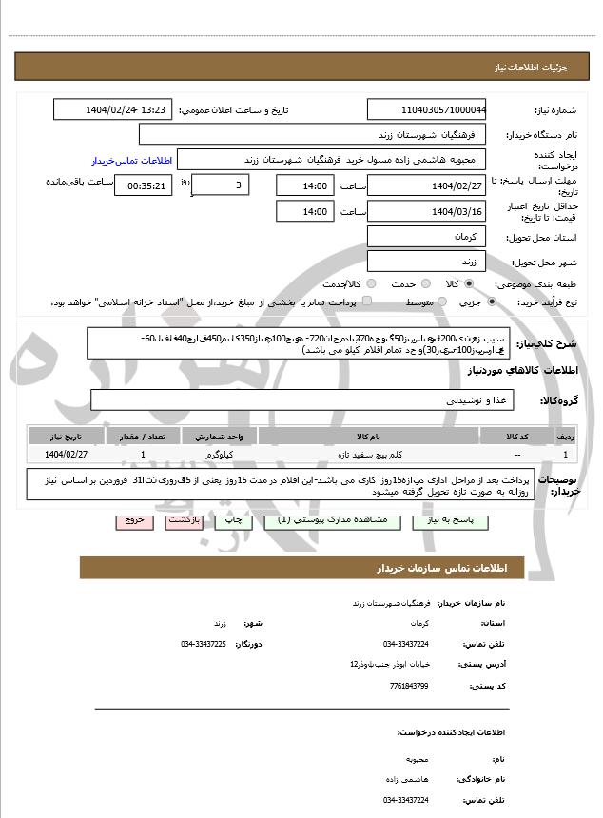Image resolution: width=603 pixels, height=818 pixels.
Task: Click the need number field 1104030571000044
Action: pos(427,110)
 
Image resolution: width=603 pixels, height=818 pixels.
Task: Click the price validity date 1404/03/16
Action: pos(427,211)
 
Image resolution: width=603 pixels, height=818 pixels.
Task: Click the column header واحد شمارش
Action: pos(225,436)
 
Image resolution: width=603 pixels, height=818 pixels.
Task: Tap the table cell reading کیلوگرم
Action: pos(225,456)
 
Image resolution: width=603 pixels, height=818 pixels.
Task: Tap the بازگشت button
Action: pos(183,521)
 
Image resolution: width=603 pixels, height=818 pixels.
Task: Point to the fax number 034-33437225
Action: pos(204,644)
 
